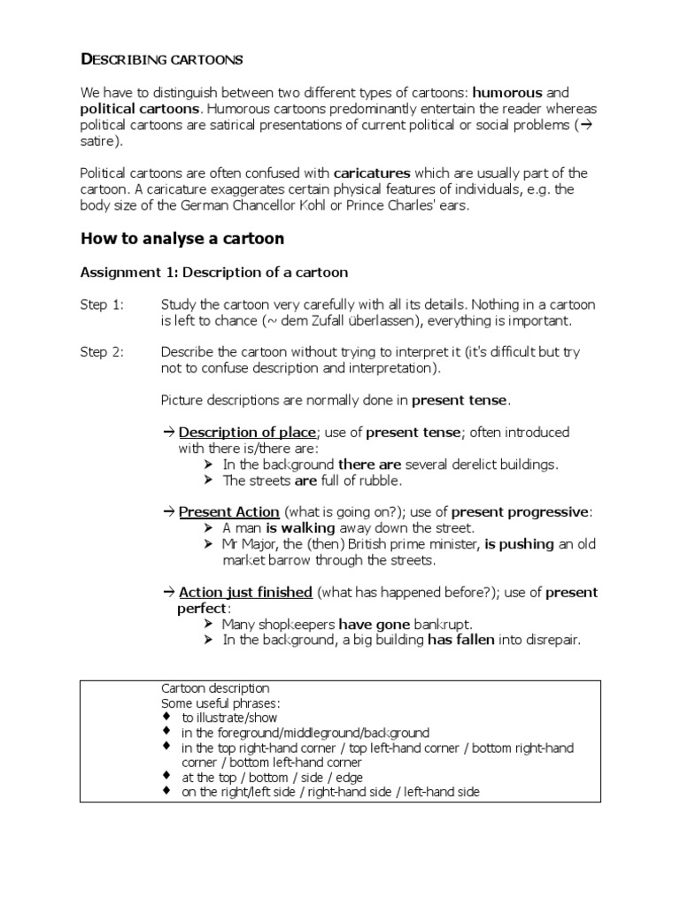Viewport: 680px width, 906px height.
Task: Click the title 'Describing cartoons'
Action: [161, 60]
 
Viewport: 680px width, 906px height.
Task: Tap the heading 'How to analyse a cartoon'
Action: [183, 238]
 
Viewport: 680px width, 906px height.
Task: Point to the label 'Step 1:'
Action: [103, 304]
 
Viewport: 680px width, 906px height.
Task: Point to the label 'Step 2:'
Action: [103, 352]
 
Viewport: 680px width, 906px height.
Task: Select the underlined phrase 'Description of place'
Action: [247, 433]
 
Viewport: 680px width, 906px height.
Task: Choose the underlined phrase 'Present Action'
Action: [229, 512]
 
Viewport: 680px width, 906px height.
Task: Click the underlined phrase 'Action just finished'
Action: [245, 592]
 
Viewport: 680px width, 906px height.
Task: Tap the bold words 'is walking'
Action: [299, 528]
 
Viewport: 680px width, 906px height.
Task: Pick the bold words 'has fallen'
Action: [466, 640]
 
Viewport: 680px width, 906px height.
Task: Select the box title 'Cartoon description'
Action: [215, 687]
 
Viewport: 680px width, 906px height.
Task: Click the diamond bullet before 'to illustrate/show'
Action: [166, 718]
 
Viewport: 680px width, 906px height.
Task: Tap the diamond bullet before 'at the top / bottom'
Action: [166, 777]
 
